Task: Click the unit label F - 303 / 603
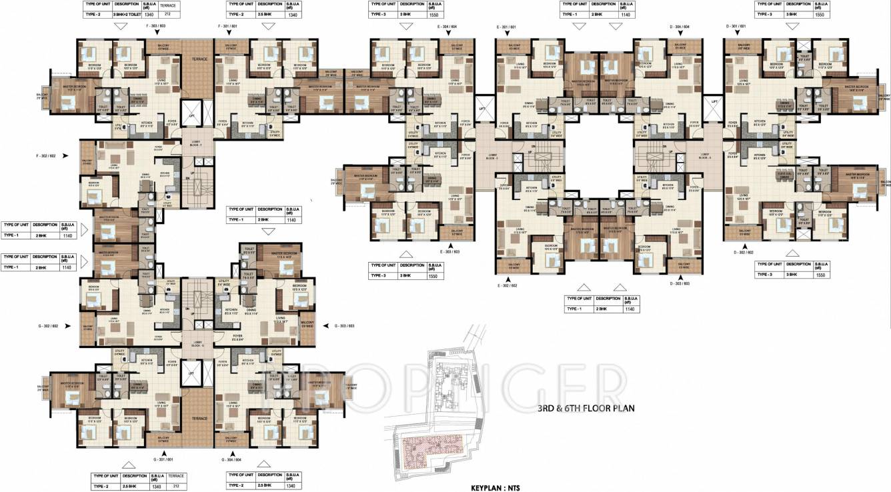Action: tap(156, 25)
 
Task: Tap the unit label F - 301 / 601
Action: tap(228, 25)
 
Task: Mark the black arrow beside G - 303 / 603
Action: tap(326, 326)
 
